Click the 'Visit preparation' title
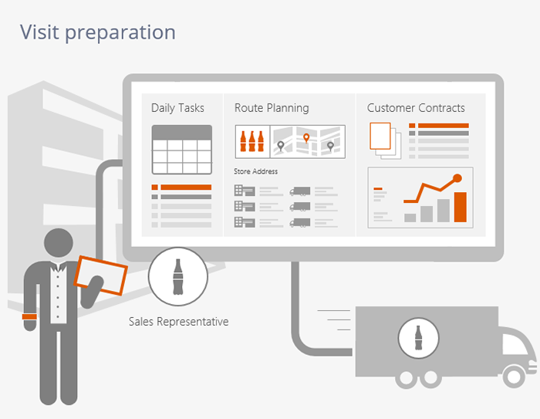pyautogui.click(x=98, y=32)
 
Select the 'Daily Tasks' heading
pyautogui.click(x=177, y=108)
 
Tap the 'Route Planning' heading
pyautogui.click(x=272, y=108)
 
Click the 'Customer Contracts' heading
pyautogui.click(x=416, y=108)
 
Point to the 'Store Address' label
pyautogui.click(x=255, y=171)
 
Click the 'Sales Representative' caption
pyautogui.click(x=179, y=322)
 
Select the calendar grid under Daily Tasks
pyautogui.click(x=182, y=150)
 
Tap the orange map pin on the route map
pyautogui.click(x=306, y=138)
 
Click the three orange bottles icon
pyautogui.click(x=252, y=141)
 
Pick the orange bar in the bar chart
pyautogui.click(x=461, y=207)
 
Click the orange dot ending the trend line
pyautogui.click(x=457, y=178)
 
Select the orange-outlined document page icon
pyautogui.click(x=380, y=136)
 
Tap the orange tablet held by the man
pyautogui.click(x=101, y=275)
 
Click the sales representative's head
pyautogui.click(x=59, y=242)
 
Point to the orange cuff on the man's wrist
pyautogui.click(x=29, y=316)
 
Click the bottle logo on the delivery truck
pyautogui.click(x=418, y=338)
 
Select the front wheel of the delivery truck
pyautogui.click(x=514, y=377)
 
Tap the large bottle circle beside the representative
pyautogui.click(x=178, y=276)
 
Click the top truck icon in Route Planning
pyautogui.click(x=300, y=191)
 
